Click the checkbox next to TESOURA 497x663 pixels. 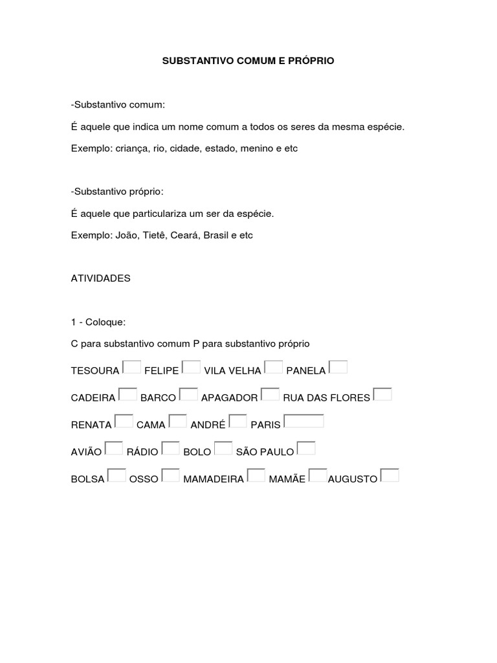click(x=131, y=367)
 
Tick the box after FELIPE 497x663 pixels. click(x=191, y=367)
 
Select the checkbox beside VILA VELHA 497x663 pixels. click(x=273, y=367)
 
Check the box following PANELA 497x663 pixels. click(x=338, y=367)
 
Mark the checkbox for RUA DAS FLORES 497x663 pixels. click(x=382, y=394)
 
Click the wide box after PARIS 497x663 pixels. click(x=304, y=421)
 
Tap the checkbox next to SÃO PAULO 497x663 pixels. click(x=305, y=448)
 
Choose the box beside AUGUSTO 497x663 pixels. click(x=390, y=476)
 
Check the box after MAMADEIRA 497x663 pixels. click(x=256, y=476)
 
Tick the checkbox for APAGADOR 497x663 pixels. click(x=270, y=394)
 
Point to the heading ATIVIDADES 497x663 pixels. click(x=100, y=278)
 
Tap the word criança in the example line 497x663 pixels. click(x=131, y=148)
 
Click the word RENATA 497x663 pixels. click(x=91, y=425)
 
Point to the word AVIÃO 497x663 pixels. click(x=87, y=452)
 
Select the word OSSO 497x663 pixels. click(x=144, y=479)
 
